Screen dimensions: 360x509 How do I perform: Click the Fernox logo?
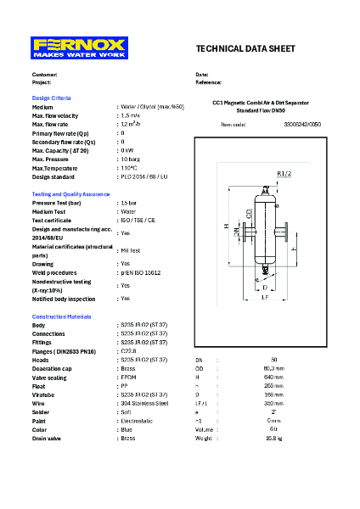(x=79, y=48)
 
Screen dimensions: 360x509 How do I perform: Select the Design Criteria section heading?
(x=51, y=98)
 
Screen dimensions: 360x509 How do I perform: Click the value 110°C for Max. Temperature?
(x=129, y=168)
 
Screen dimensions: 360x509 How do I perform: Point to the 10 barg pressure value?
(x=130, y=159)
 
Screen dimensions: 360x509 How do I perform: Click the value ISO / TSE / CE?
(x=138, y=221)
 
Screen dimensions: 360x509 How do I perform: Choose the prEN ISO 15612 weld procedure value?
(x=141, y=273)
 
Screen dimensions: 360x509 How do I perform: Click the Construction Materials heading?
(x=62, y=316)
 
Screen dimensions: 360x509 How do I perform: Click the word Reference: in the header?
(x=209, y=83)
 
